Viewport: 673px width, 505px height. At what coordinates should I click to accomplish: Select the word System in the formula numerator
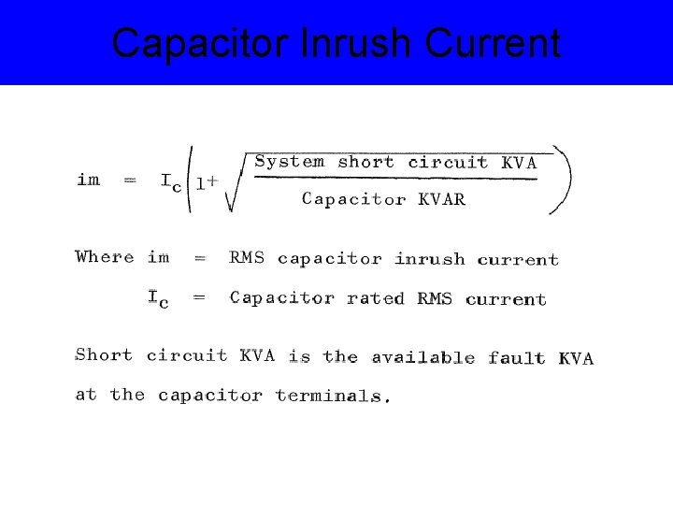pyautogui.click(x=290, y=162)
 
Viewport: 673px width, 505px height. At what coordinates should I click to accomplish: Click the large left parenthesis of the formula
pyautogui.click(x=191, y=180)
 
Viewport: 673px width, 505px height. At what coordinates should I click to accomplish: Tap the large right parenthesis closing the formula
pyautogui.click(x=564, y=180)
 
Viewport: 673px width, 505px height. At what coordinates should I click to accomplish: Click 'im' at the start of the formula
pyautogui.click(x=89, y=180)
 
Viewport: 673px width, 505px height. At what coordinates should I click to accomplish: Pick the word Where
pyautogui.click(x=105, y=256)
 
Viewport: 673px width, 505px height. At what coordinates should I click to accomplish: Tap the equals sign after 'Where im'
pyautogui.click(x=200, y=257)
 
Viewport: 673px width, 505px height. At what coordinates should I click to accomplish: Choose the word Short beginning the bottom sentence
pyautogui.click(x=104, y=355)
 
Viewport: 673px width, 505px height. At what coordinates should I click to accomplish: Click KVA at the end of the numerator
pyautogui.click(x=520, y=163)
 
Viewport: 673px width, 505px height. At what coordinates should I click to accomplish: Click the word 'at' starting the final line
pyautogui.click(x=86, y=395)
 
